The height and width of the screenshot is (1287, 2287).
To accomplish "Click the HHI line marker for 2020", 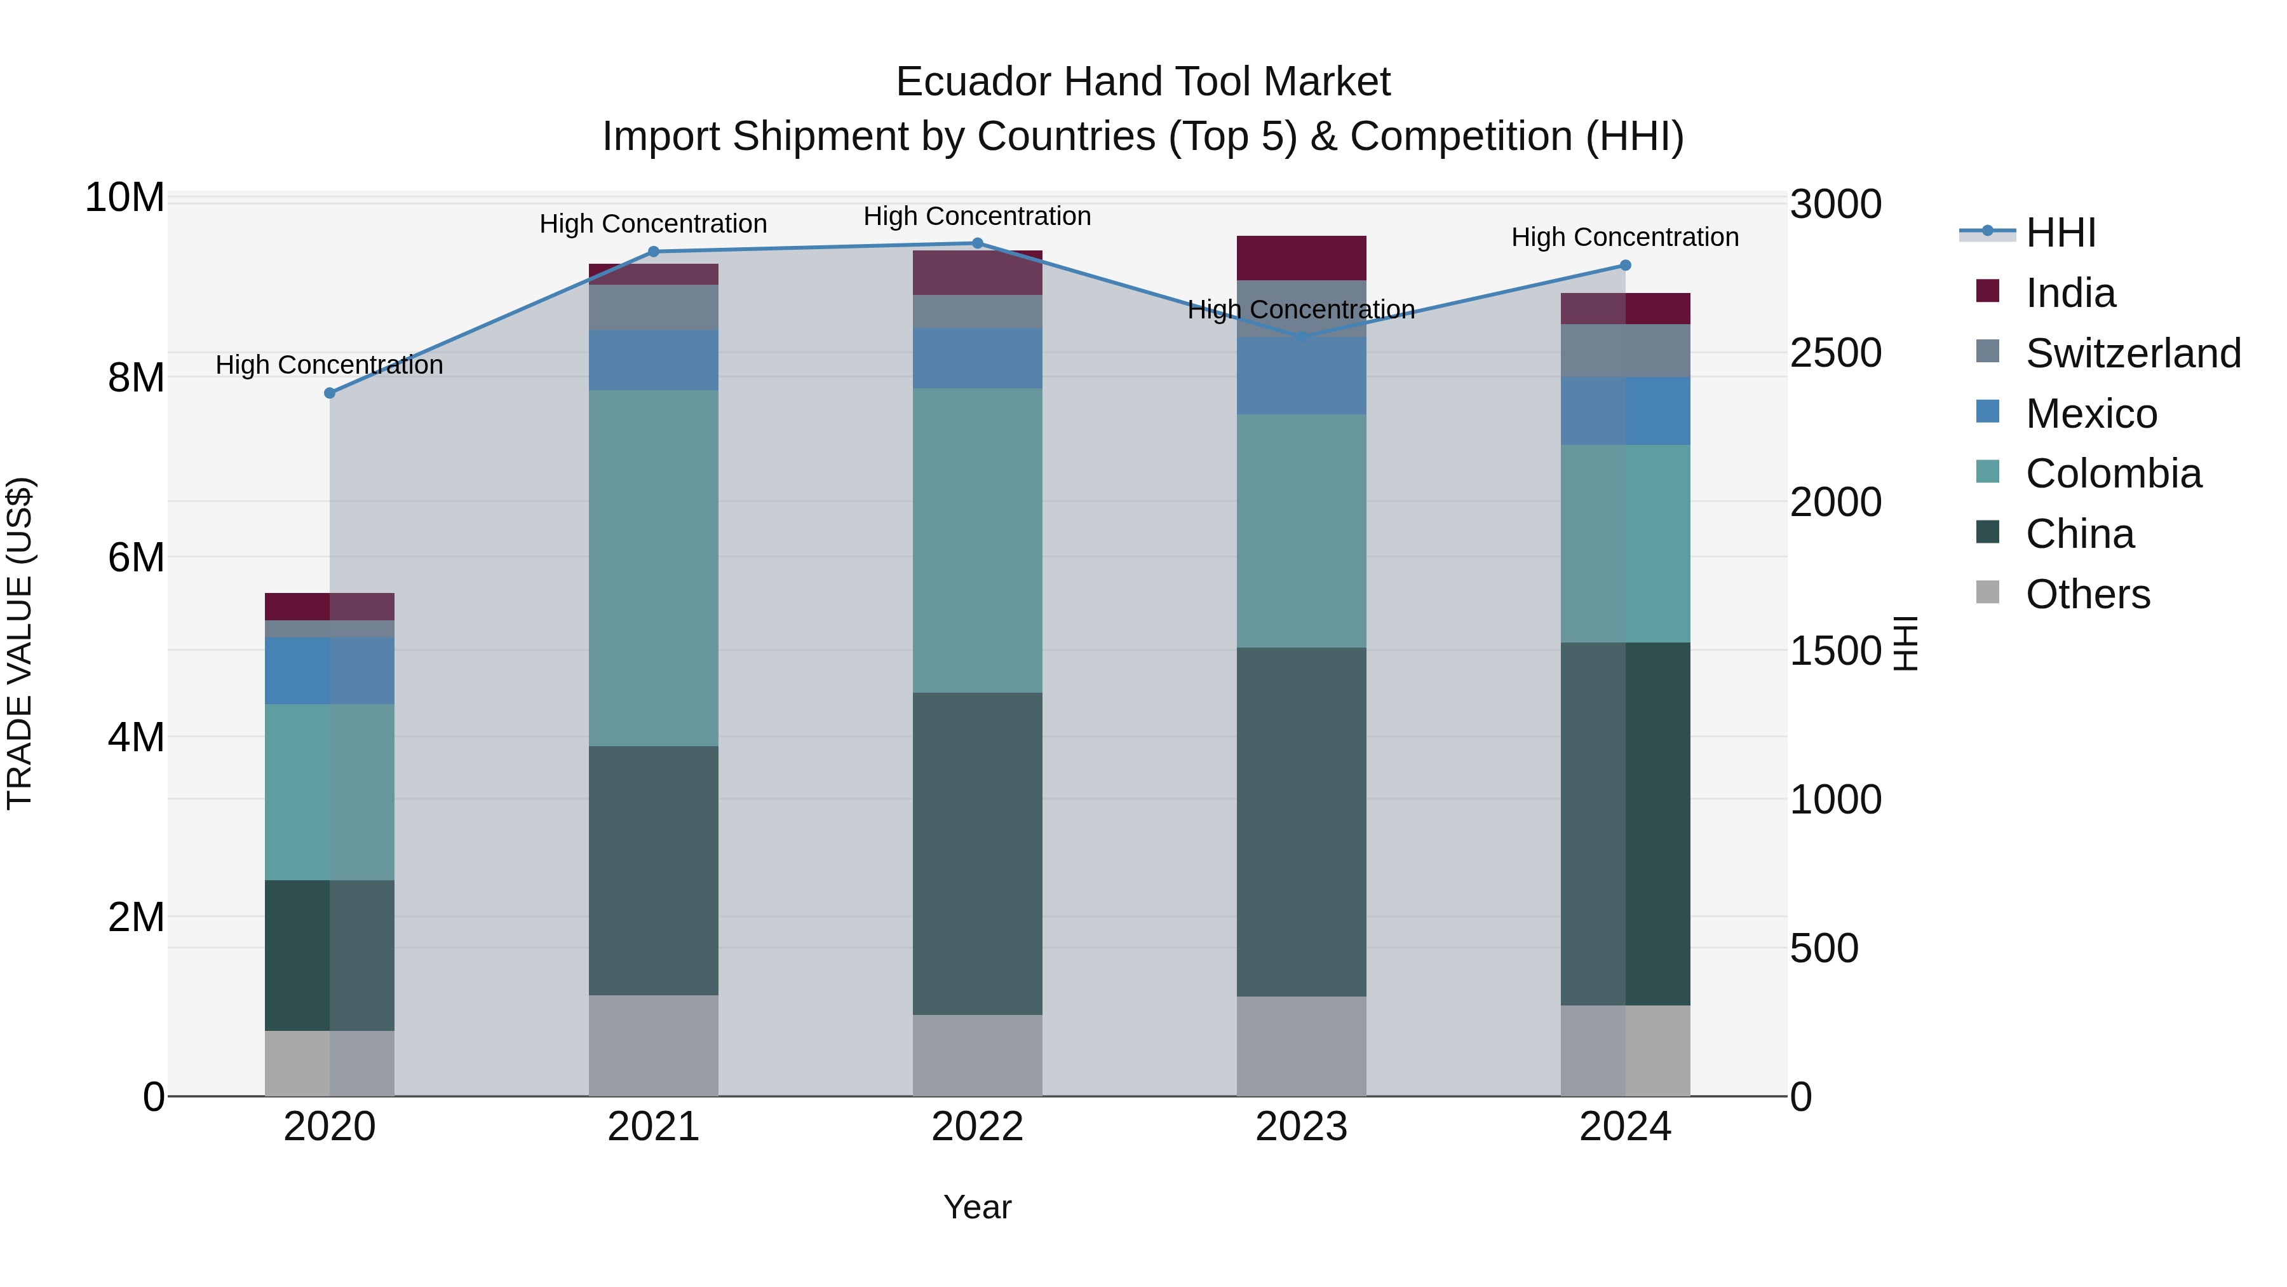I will click(x=329, y=393).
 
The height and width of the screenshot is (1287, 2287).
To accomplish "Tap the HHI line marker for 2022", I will click(x=978, y=243).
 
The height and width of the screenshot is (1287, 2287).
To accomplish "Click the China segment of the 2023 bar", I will click(x=1302, y=822).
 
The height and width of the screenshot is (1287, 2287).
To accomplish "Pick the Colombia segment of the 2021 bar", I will click(x=654, y=568).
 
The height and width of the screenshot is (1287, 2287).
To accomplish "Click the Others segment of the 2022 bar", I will click(x=978, y=1055).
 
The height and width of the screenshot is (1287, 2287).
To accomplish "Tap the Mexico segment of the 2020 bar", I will click(x=329, y=671).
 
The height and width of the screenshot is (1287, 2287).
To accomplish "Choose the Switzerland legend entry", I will click(x=2133, y=353).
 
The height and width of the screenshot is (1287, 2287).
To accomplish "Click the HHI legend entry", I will click(x=2060, y=233).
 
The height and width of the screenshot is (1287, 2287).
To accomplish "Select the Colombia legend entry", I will click(x=2113, y=473).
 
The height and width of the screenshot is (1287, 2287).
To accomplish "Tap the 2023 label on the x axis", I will click(x=1302, y=1127).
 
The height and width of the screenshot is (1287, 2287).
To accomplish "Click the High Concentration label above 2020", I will click(x=329, y=365).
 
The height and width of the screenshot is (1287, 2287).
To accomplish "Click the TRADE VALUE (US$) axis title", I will click(x=20, y=643).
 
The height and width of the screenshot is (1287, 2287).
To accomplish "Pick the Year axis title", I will click(x=978, y=1207).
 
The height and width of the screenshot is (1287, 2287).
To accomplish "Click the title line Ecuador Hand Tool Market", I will click(x=1143, y=82).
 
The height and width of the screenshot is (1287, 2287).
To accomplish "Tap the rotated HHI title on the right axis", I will click(x=1906, y=643).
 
